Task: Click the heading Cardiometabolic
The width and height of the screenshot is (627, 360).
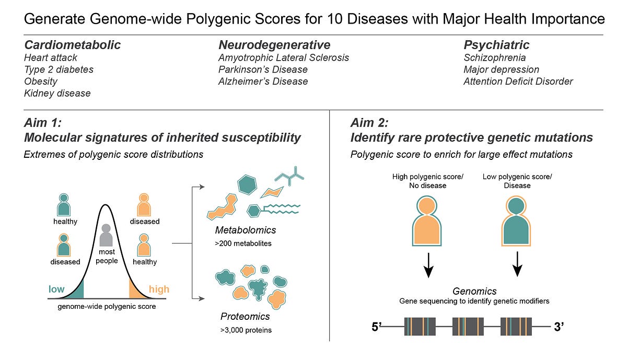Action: coord(73,45)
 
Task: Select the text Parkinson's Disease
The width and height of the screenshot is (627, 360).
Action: coord(263,69)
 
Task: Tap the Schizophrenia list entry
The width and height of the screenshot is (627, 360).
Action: coord(495,57)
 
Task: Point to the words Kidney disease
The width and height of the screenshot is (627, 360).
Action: coord(57,93)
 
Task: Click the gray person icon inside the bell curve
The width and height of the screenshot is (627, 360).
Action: coord(106,236)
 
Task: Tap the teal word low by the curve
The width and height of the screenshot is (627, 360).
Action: coord(56,289)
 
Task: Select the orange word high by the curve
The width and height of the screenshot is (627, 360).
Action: coord(159,289)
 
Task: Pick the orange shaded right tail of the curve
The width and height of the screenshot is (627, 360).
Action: coord(136,291)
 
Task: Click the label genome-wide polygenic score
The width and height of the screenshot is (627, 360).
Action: coord(107,307)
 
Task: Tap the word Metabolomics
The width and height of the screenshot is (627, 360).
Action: coord(246,230)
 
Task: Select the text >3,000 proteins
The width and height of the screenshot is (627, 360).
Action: coord(246,330)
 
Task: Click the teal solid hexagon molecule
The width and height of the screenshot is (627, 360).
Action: coord(247,185)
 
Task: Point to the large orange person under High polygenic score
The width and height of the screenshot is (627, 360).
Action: coord(427,221)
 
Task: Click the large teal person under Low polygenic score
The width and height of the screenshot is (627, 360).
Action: coord(516,221)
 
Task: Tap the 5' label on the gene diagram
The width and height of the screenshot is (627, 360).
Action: coord(377,327)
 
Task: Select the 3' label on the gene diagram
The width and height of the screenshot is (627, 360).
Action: coord(559,327)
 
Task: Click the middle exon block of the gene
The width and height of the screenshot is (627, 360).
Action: coord(468,327)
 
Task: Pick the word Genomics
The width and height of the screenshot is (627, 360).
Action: coord(474,291)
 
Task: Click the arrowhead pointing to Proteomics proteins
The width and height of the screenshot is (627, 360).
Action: coord(202,299)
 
